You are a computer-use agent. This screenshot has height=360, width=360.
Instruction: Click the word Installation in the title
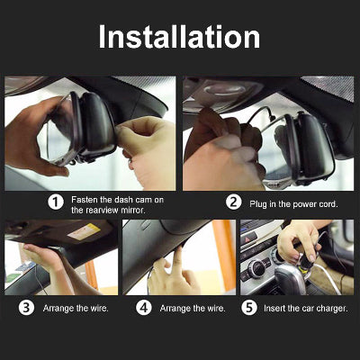[x=179, y=37]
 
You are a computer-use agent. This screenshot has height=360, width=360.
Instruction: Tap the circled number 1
[x=56, y=202]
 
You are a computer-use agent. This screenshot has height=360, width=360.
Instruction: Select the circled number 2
[x=233, y=202]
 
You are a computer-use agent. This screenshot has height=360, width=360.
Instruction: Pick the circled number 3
[x=26, y=308]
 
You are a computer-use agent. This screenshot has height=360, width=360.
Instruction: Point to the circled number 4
[x=144, y=308]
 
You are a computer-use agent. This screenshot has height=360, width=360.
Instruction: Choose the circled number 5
[x=249, y=308]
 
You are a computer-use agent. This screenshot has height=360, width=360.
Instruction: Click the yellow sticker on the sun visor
[x=84, y=231]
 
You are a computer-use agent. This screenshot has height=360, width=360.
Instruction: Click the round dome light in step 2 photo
[x=222, y=89]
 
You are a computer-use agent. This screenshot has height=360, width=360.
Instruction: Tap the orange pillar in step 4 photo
[x=224, y=255]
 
